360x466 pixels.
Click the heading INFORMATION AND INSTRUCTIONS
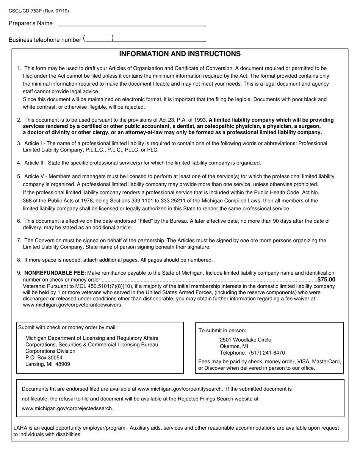point(180,54)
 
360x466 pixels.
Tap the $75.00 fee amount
point(326,280)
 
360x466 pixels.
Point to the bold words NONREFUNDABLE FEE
point(55,273)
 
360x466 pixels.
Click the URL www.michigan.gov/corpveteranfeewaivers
point(73,305)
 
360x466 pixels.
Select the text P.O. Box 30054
point(44,358)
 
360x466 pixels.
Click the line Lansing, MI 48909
point(47,364)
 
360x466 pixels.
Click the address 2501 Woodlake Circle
point(245,340)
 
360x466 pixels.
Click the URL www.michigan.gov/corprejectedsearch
point(67,408)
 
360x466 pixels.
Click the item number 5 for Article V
point(19,176)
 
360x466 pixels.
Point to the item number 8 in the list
point(19,260)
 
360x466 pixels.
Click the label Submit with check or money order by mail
point(67,328)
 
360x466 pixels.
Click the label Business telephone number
point(45,40)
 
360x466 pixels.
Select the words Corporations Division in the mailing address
point(50,351)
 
